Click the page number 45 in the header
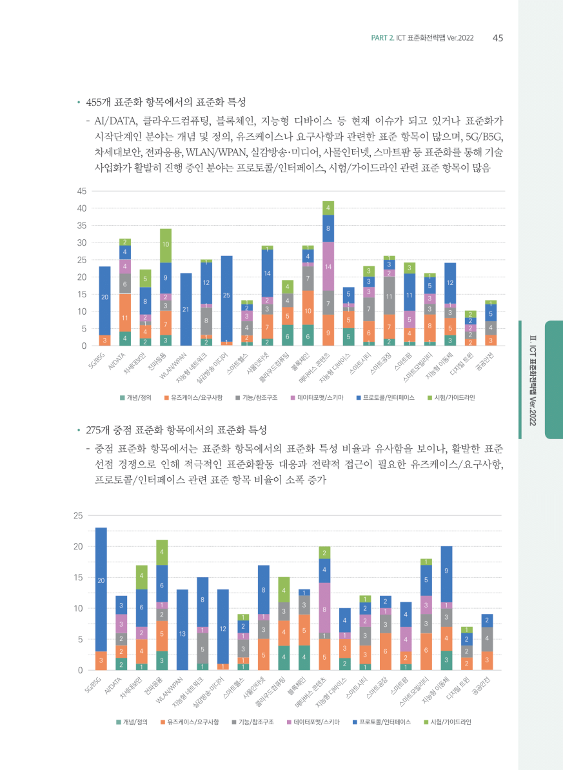pyautogui.click(x=498, y=37)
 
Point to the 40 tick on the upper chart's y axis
pyautogui.click(x=82, y=208)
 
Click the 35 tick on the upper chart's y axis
pyautogui.click(x=82, y=226)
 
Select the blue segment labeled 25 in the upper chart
pyautogui.click(x=226, y=296)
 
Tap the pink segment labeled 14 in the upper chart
pyautogui.click(x=328, y=266)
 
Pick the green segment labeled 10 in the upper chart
pyautogui.click(x=166, y=246)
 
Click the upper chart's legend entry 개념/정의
pyautogui.click(x=136, y=399)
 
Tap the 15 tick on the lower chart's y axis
pyautogui.click(x=79, y=577)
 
